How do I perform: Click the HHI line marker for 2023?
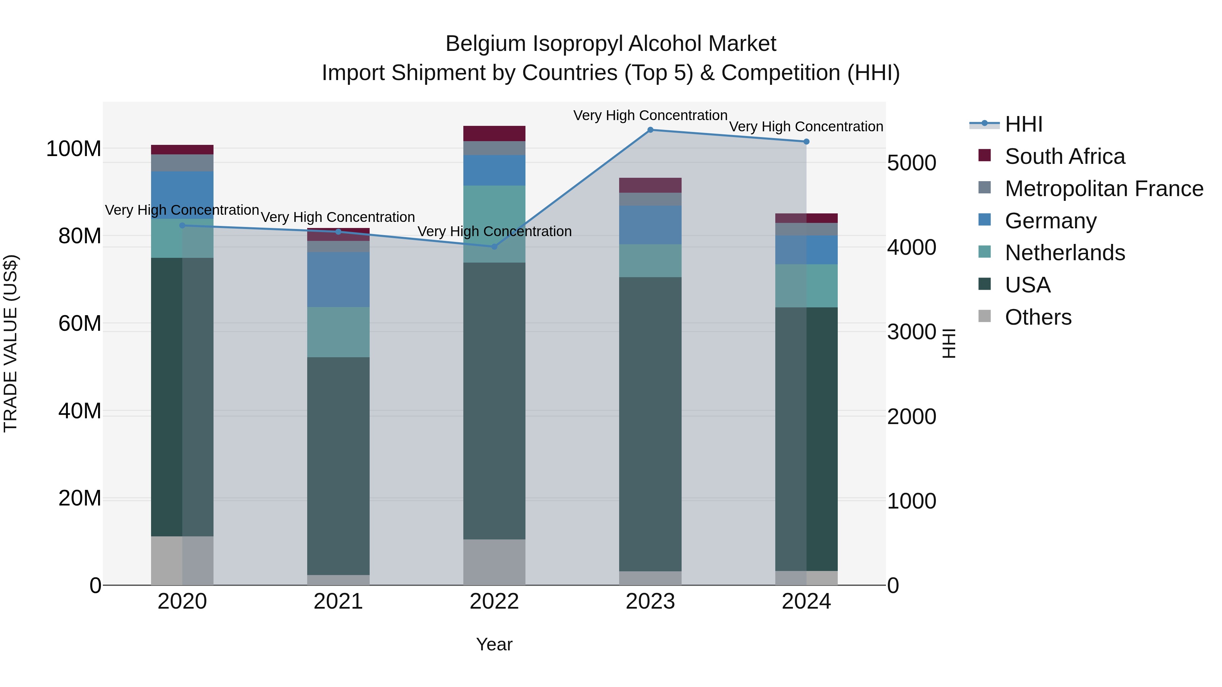coord(650,130)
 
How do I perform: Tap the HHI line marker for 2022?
coord(494,247)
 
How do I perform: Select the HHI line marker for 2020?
coord(182,225)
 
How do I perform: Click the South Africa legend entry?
coord(1064,156)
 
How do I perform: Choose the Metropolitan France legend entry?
coord(1104,189)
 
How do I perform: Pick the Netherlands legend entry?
coord(1064,253)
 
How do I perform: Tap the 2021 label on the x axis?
coord(338,602)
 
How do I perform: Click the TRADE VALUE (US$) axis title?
coord(11,343)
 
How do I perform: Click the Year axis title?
coord(494,644)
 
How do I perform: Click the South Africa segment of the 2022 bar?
coord(494,133)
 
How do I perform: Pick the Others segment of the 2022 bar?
coord(494,562)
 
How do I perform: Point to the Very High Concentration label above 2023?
coord(650,115)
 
